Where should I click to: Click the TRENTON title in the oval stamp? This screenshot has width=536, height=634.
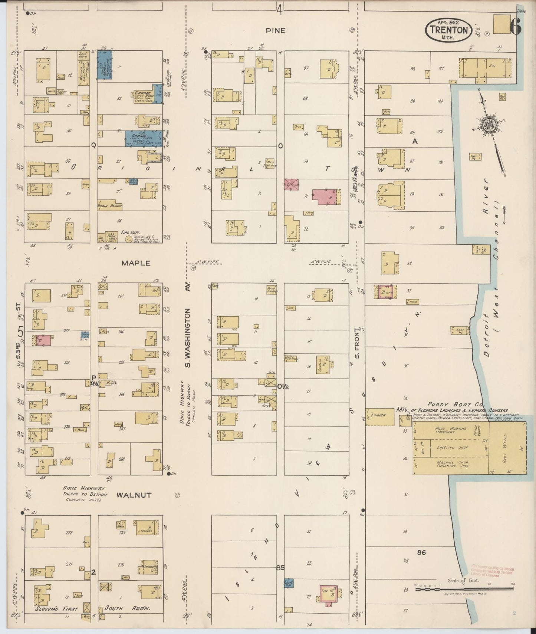coord(449,29)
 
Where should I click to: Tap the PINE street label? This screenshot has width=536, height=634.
coord(275,31)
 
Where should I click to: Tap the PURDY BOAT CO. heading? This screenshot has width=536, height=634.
coord(449,404)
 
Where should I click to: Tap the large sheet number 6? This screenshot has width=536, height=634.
coord(516,26)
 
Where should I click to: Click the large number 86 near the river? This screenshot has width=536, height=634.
coord(421,552)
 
